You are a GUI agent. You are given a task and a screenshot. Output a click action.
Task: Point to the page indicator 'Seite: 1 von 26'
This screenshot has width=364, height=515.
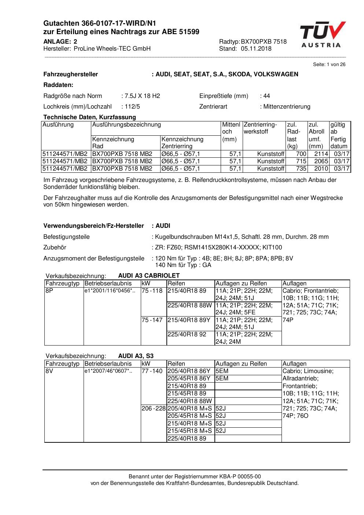[x=329, y=65]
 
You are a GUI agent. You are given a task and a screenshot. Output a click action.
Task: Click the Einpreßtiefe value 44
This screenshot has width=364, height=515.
[x=266, y=96]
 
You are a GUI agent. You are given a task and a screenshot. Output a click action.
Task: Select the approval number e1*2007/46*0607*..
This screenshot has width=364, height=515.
[x=108, y=371]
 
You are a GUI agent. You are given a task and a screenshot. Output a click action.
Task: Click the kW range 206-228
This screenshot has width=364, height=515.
[x=154, y=409]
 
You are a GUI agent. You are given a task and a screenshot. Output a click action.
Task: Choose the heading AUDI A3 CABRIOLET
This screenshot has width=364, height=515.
[x=149, y=275]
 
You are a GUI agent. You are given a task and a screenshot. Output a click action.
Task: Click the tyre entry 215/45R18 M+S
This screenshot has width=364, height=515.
[x=190, y=431]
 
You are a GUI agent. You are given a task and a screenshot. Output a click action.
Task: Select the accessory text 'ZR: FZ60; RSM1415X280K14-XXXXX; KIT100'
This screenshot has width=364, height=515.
[x=218, y=248]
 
